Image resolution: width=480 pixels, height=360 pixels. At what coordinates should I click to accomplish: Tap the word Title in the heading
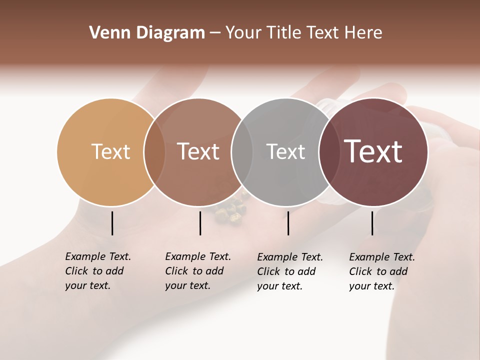tap(284, 33)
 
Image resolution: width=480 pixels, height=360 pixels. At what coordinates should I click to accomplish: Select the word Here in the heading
tap(363, 33)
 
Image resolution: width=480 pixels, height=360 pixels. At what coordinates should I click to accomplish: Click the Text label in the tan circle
tap(110, 151)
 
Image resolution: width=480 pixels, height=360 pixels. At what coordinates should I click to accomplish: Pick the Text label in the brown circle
tap(198, 151)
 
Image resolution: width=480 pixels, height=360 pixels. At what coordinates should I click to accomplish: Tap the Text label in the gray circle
tap(285, 151)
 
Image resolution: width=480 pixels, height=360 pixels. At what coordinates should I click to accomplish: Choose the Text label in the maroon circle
tap(373, 151)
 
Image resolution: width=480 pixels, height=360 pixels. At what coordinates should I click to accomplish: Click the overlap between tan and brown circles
tap(154, 152)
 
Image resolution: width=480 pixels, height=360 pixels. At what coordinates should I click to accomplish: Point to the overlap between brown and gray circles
tap(242, 152)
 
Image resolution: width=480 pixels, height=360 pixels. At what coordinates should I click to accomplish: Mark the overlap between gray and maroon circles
tap(329, 152)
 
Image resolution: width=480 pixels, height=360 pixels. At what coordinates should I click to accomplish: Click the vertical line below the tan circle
tap(112, 223)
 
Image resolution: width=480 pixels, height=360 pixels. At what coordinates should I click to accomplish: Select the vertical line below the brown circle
tap(200, 223)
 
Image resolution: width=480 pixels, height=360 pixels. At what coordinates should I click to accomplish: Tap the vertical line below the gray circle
tap(288, 223)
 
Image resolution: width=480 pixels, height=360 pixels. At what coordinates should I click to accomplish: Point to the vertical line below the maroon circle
tap(372, 223)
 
